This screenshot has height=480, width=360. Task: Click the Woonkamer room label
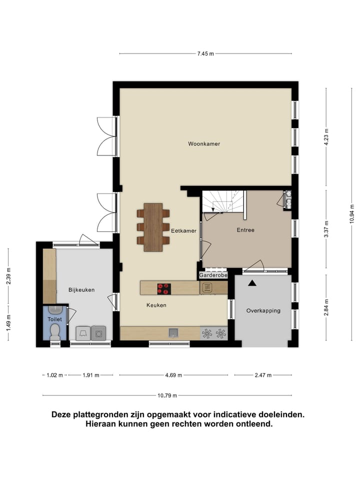tap(204, 144)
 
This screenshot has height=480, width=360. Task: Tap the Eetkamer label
tap(183, 231)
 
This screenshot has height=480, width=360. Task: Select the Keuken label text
tap(156, 305)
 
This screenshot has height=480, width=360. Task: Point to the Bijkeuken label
tap(81, 289)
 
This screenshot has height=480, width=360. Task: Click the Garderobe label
tap(213, 275)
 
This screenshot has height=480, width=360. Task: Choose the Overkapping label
tap(263, 310)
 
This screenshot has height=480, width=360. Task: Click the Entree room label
tap(245, 230)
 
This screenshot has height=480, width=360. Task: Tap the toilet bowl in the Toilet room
tap(55, 332)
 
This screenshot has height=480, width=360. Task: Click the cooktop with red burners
tap(163, 288)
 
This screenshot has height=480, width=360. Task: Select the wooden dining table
tap(153, 227)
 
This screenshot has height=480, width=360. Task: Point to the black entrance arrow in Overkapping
tap(252, 283)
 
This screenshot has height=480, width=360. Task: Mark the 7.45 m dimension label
tap(205, 53)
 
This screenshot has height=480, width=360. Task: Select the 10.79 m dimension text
tap(167, 395)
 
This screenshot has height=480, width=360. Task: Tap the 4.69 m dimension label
tap(173, 375)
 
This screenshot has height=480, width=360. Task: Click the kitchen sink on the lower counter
tap(173, 333)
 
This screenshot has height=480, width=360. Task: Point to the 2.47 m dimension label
tap(263, 375)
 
